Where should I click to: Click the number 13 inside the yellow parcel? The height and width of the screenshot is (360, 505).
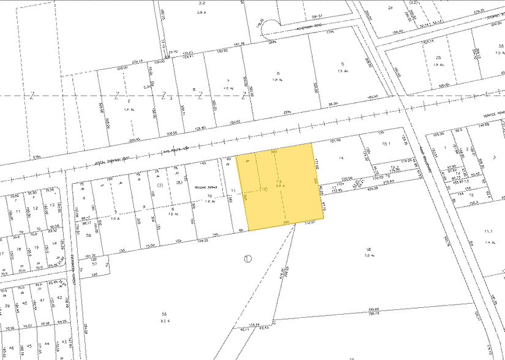pos(279,182)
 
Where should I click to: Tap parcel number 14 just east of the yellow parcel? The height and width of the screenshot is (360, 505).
pos(342,158)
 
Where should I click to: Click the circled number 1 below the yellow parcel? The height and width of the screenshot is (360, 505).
pos(248,258)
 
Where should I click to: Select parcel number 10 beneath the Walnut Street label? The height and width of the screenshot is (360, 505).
pos(209,196)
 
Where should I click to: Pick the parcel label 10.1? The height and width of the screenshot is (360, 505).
pos(386,144)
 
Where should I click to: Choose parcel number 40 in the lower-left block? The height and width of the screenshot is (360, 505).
pos(24,304)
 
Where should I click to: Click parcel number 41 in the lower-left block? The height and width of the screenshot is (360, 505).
pos(42,301)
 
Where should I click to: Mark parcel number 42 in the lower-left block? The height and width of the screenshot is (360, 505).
pos(59,298)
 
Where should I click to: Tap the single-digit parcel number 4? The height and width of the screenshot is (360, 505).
pos(83,198)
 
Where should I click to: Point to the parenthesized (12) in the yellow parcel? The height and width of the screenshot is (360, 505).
pos(264,189)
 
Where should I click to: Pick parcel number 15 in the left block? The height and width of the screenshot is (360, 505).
pos(37,247)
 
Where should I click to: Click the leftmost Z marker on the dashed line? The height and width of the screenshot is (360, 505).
pos(31,96)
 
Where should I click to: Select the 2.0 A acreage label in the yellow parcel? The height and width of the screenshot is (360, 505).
pos(280,187)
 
